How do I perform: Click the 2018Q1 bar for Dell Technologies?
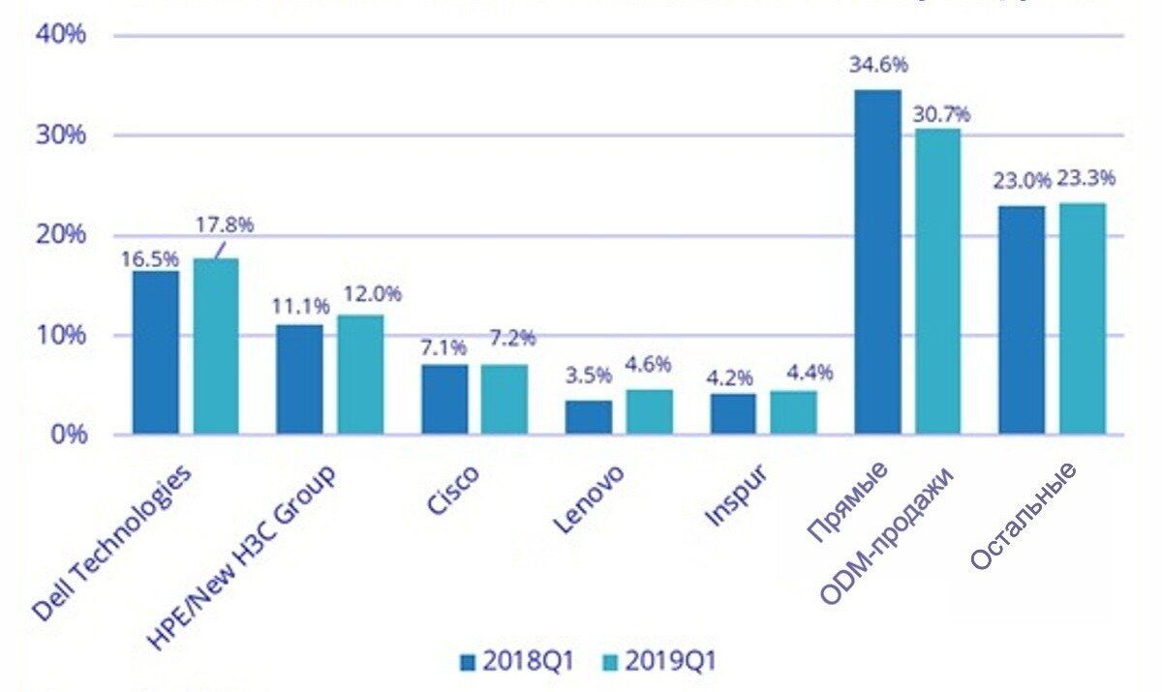coord(156,352)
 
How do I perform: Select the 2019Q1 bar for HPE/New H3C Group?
coord(360,375)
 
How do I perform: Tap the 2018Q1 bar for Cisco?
coord(444,399)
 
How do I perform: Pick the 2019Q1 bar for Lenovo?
coord(649,411)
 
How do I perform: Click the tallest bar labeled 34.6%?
coord(877,261)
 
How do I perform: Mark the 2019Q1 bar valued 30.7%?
coord(937,281)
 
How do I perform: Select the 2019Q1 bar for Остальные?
coord(1082,318)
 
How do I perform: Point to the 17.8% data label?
coord(225,226)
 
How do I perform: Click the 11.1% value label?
coord(296,308)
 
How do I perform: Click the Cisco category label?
coord(452,493)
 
